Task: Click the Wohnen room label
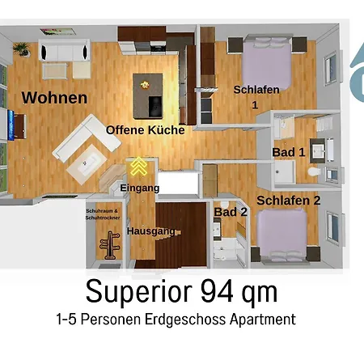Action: tap(54, 98)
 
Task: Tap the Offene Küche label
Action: tap(146, 130)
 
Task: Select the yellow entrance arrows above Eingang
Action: tap(138, 166)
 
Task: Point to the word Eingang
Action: tap(140, 188)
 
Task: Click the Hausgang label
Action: tap(151, 231)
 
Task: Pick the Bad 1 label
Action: tap(289, 152)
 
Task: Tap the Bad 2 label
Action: tap(231, 212)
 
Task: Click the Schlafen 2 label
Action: tap(289, 201)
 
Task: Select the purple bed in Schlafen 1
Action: tap(267, 62)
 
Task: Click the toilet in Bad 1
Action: tap(315, 171)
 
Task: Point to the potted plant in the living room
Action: tap(22, 49)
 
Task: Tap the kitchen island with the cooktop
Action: tap(148, 96)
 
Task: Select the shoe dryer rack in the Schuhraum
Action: tap(110, 245)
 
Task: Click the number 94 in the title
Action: tap(217, 291)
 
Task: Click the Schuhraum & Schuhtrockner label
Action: tap(103, 214)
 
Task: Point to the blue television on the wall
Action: tap(11, 125)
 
